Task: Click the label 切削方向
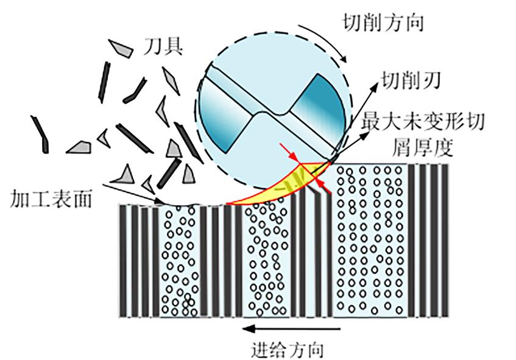click(x=383, y=23)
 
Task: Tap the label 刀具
click(x=163, y=46)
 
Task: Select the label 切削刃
click(x=411, y=81)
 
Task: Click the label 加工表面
click(x=51, y=199)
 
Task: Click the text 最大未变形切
click(x=423, y=121)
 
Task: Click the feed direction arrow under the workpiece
click(x=291, y=328)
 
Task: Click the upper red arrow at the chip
click(x=290, y=153)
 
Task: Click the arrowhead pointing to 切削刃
click(x=375, y=86)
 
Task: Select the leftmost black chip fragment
click(x=40, y=134)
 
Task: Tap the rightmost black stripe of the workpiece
click(x=445, y=241)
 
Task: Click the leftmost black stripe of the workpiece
click(x=122, y=261)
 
